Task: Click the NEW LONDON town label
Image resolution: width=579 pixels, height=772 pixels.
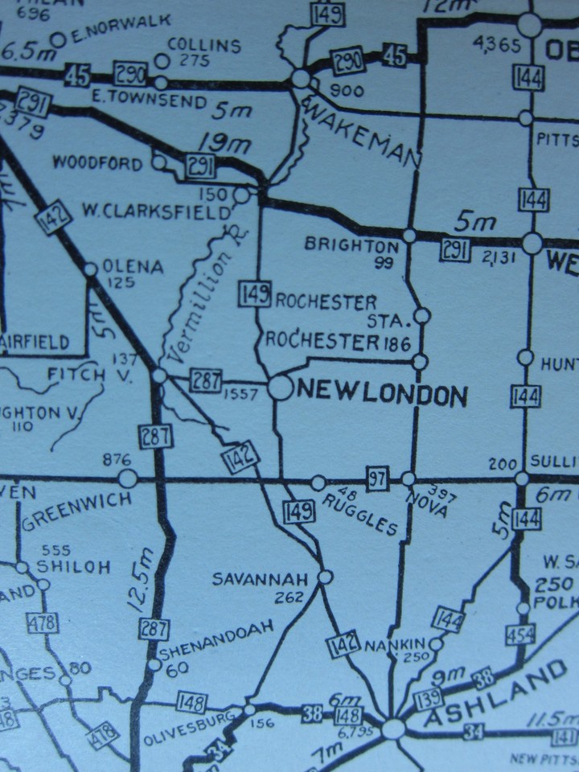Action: (x=383, y=394)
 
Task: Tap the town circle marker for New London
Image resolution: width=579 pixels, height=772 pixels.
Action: (x=279, y=388)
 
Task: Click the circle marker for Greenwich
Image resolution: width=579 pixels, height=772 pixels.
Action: (x=128, y=478)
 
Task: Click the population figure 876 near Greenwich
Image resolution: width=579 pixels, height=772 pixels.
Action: (x=117, y=459)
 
